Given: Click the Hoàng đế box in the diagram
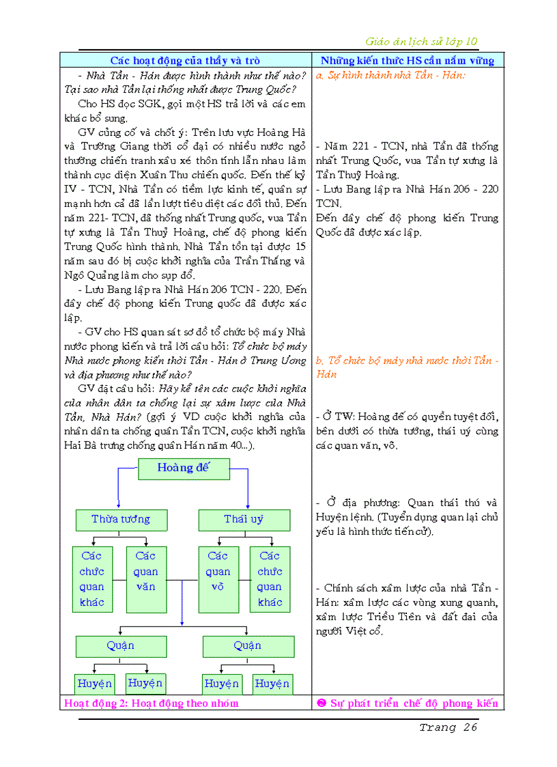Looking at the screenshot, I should point(184,469).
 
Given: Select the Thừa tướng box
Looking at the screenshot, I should point(120,520).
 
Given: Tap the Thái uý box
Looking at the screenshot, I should point(244,520).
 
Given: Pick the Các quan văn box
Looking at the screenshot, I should point(145,578).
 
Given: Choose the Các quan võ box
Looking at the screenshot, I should point(218,578).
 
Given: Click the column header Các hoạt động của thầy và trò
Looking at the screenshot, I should point(185,61).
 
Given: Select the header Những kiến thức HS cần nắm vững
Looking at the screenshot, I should point(408,61).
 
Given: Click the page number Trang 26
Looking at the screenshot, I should point(448,727).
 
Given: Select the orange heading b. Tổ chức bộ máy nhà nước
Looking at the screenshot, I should point(407,361).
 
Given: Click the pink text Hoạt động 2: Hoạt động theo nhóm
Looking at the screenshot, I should point(152,703).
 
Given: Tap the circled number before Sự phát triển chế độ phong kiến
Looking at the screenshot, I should point(322,703).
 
